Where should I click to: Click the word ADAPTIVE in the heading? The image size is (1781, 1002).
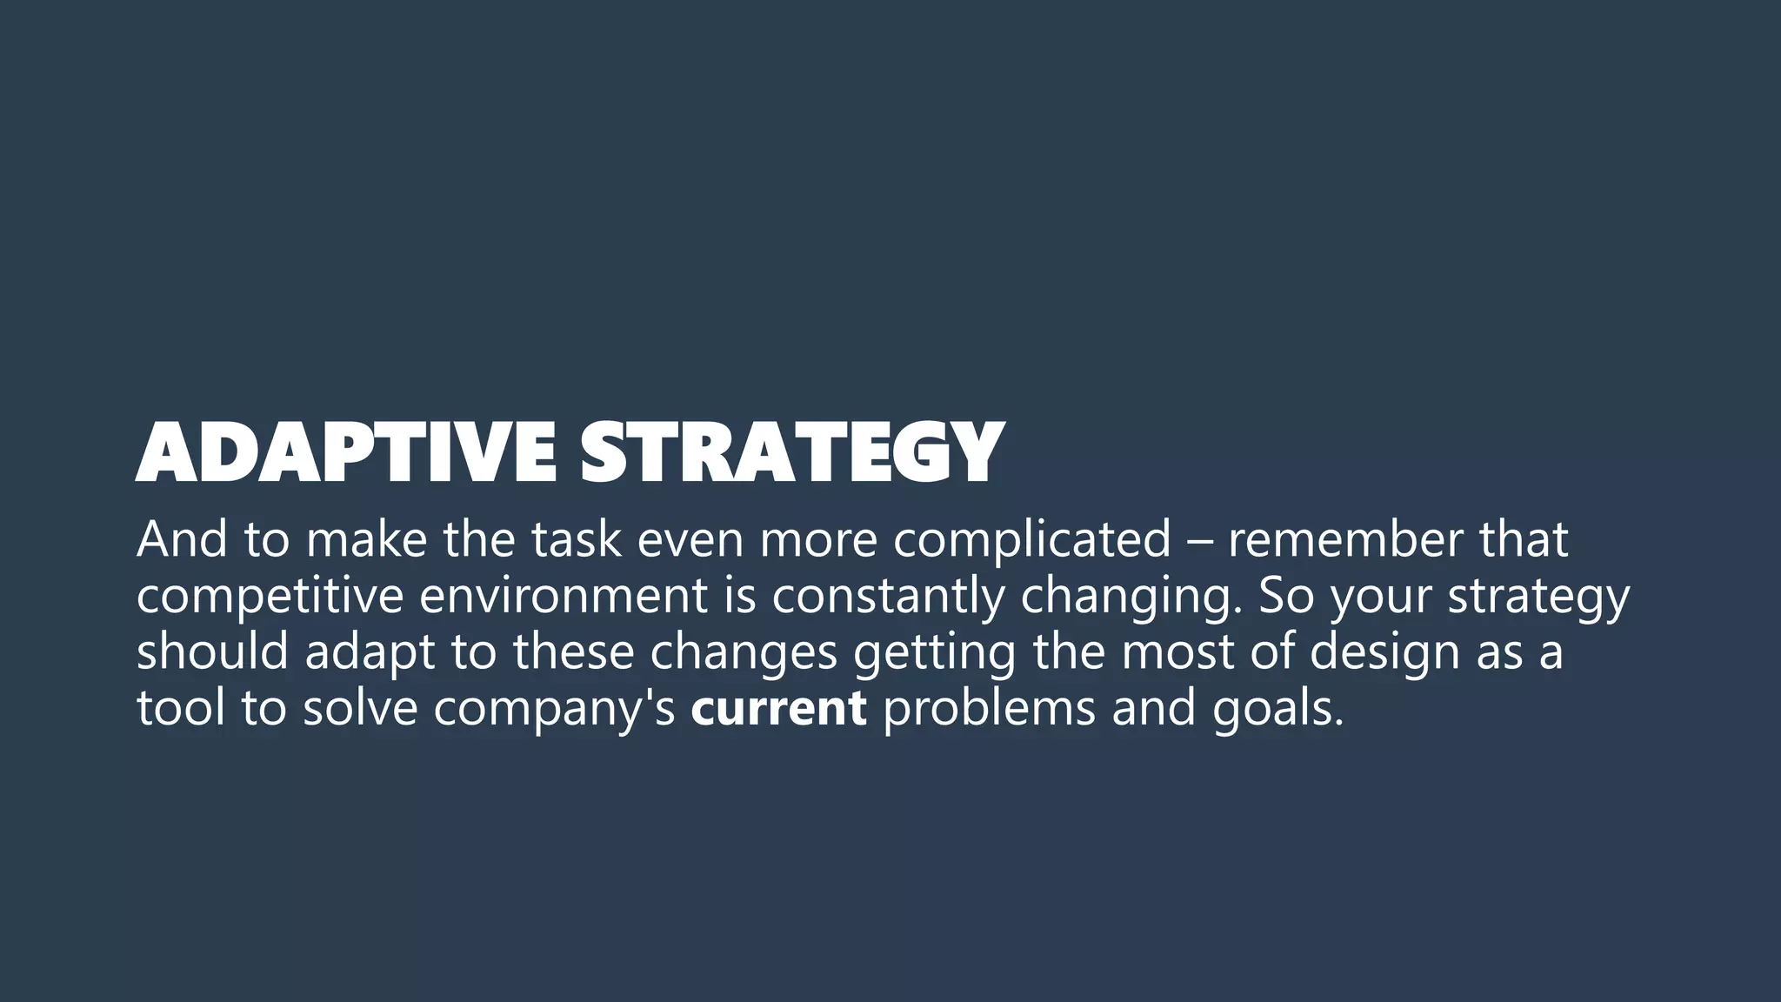coord(345,452)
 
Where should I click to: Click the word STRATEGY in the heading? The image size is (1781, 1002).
coord(791,452)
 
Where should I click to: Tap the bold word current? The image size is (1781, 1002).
coord(778,708)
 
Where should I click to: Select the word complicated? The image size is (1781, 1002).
coord(1032,539)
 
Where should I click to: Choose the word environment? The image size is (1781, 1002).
coord(564,596)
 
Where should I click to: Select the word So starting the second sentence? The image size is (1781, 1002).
coord(1286,596)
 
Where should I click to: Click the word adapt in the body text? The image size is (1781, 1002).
coord(370,653)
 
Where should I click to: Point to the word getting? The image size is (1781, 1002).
coord(933,653)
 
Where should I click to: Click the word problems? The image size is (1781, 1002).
coord(989,708)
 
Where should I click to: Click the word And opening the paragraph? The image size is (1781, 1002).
coord(182,539)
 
